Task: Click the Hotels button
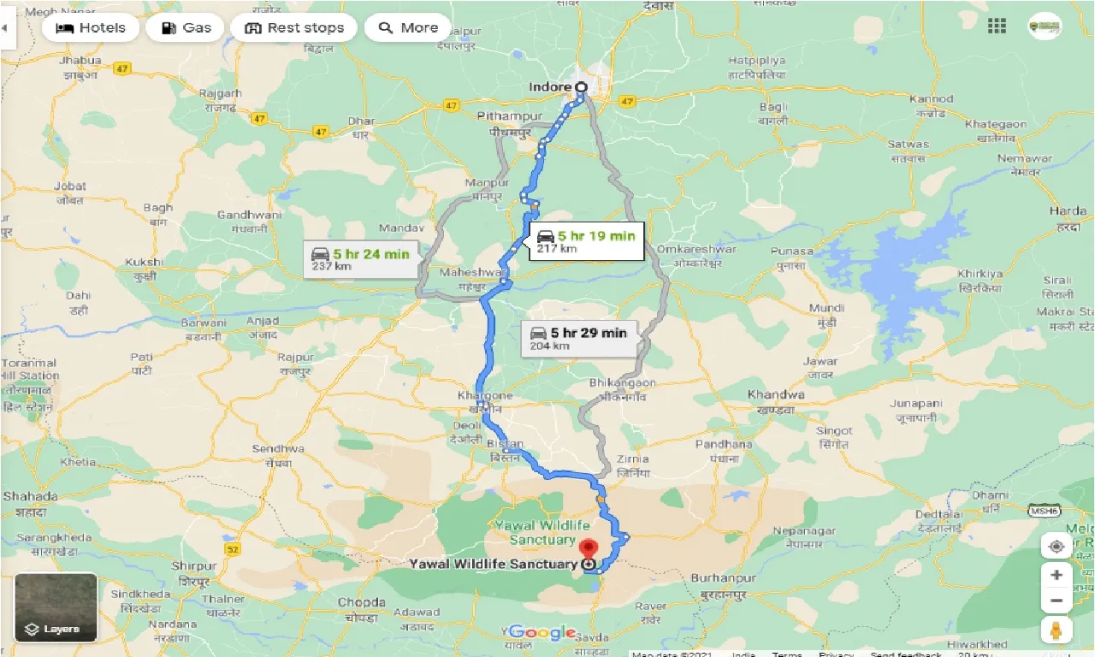[x=90, y=27]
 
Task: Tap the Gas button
[x=185, y=27]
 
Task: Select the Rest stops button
[x=293, y=27]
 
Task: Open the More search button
[x=407, y=27]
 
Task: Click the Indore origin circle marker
[x=581, y=87]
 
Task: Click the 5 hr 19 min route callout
[x=586, y=241]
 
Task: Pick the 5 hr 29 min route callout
[x=579, y=339]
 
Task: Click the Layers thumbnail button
[x=56, y=607]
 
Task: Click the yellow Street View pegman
[x=1057, y=630]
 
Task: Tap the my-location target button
[x=1057, y=547]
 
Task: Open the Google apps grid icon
[x=997, y=27]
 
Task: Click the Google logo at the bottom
[x=542, y=633]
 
